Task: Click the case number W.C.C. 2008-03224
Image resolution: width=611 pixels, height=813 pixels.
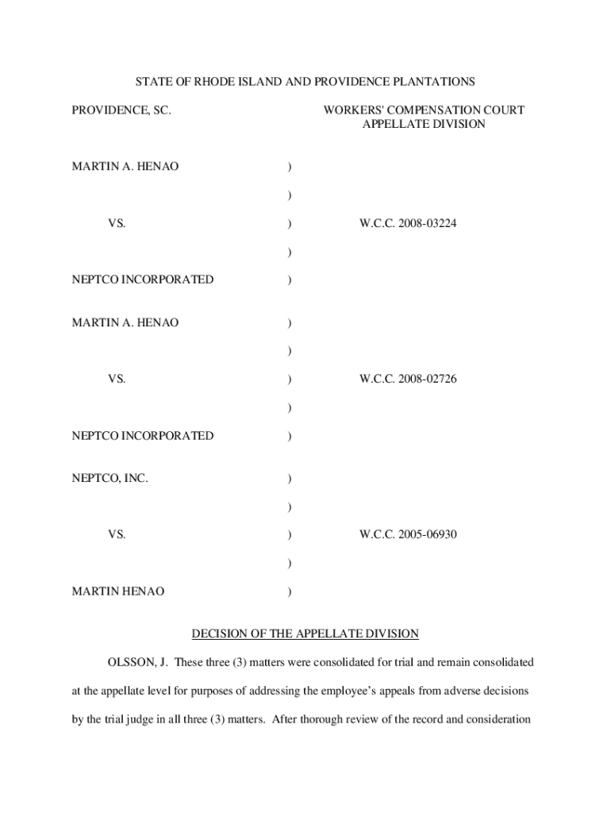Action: pos(408,224)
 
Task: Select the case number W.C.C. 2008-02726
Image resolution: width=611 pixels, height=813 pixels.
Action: pos(408,380)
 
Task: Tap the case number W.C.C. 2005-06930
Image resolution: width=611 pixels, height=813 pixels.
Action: pos(408,535)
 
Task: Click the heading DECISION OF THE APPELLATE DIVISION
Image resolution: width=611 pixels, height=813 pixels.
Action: pos(305,634)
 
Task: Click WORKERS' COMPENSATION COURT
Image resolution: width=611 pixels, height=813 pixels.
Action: pos(424,110)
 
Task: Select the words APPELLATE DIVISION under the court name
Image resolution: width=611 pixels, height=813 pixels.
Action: pos(424,125)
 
